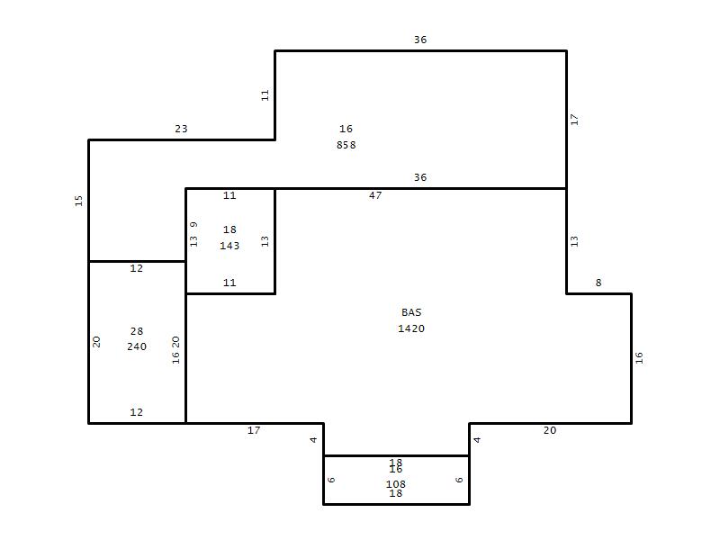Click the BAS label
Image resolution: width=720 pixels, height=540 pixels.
[x=411, y=312]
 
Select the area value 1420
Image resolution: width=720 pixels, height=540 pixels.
[x=411, y=328]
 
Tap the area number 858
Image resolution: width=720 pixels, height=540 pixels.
[x=346, y=145]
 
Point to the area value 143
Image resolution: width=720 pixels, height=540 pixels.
[x=229, y=246]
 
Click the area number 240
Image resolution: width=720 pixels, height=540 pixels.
[x=137, y=346]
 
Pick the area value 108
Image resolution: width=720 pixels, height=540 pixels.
[x=396, y=484]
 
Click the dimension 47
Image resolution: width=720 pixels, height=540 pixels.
[x=375, y=195]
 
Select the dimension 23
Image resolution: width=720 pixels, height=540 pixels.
[x=182, y=129]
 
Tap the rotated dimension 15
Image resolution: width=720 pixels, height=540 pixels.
[x=79, y=201]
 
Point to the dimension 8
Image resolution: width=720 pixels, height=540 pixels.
[x=598, y=283]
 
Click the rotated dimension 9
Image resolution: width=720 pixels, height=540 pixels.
[x=193, y=224]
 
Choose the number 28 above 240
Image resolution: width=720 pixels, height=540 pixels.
[x=137, y=331]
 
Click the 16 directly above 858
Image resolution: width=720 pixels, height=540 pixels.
[x=346, y=129]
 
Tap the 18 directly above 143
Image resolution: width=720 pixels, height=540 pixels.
[x=229, y=229]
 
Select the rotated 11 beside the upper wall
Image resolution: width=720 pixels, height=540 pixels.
[x=265, y=95]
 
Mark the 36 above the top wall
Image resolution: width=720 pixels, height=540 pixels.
[x=420, y=40]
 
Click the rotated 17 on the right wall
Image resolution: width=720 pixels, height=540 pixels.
[x=574, y=120]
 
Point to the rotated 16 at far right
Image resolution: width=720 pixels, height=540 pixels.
[x=639, y=358]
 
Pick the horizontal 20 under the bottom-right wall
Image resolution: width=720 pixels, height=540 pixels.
[x=550, y=431]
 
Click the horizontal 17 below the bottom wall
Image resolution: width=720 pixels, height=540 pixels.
[x=254, y=431]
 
